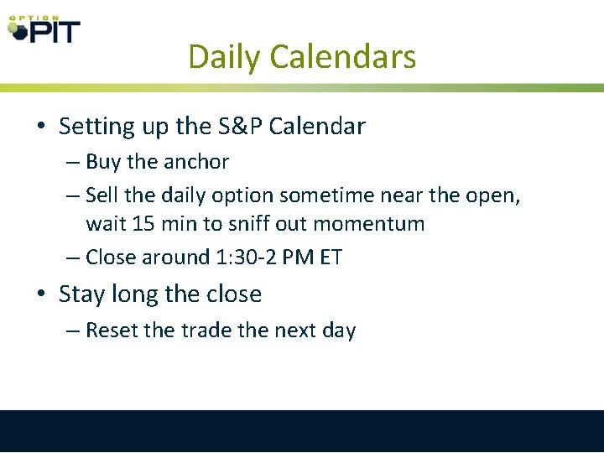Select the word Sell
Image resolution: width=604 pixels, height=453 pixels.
tap(103, 195)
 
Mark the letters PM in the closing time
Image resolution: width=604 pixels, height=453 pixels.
tap(295, 258)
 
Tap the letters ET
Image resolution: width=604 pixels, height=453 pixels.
tap(330, 258)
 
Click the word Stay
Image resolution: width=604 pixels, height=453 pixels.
tap(81, 294)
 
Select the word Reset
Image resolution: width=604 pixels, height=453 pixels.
tap(112, 331)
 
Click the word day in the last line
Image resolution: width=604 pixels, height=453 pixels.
tap(339, 331)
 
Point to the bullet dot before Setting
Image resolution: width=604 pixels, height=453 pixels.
tap(40, 128)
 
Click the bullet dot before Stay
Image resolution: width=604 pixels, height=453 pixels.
tap(40, 295)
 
